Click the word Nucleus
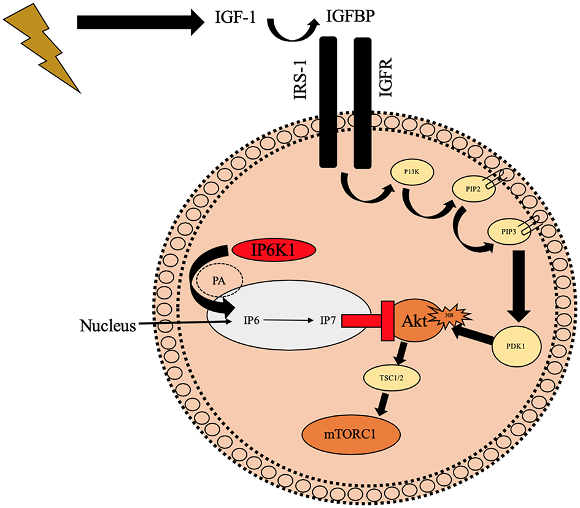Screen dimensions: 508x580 tap(107, 326)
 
